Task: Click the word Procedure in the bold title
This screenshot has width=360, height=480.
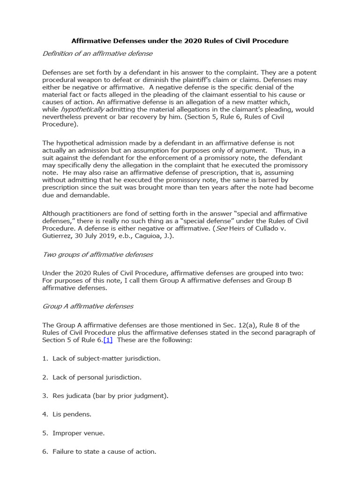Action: click(x=272, y=41)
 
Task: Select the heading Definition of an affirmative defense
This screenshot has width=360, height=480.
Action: click(x=97, y=53)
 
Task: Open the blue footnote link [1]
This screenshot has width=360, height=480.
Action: click(x=108, y=340)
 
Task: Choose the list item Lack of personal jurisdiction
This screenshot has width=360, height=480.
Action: click(x=97, y=377)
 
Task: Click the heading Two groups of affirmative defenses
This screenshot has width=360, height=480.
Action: click(x=98, y=255)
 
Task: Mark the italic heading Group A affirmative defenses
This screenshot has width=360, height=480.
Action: click(x=88, y=306)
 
